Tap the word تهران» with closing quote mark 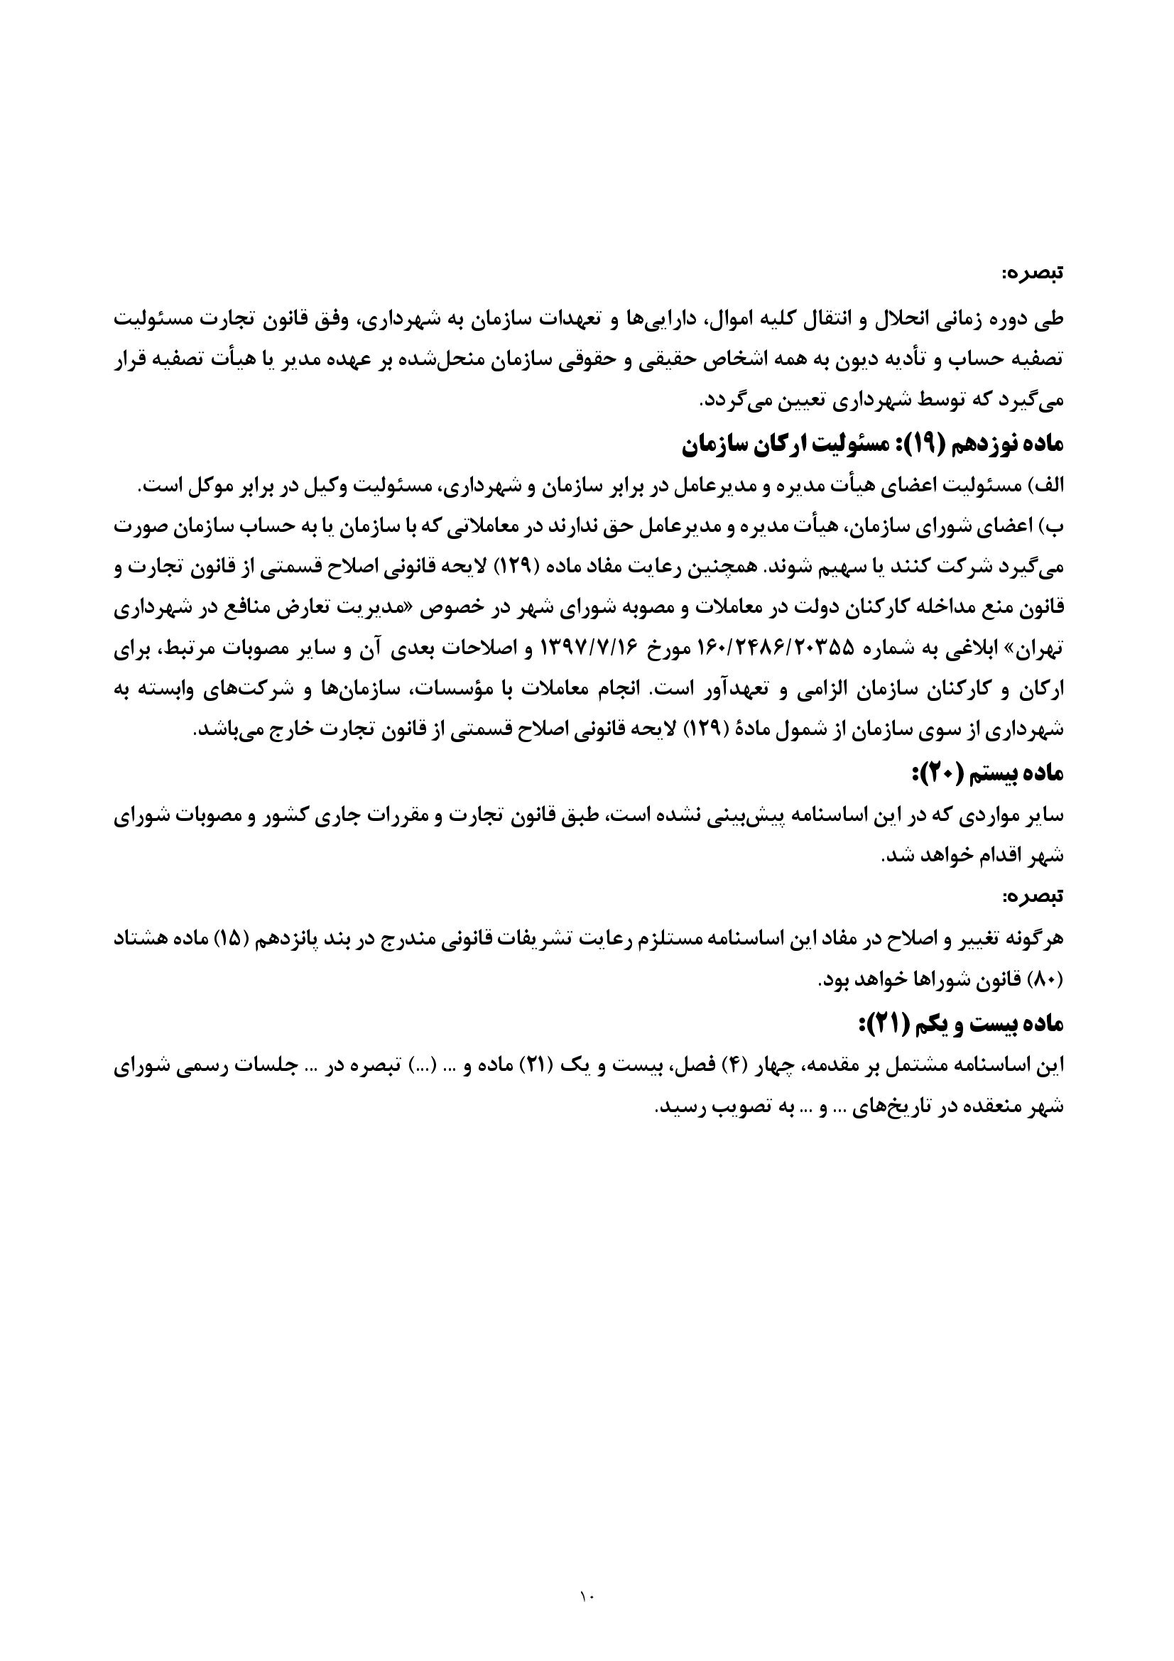coord(1041,650)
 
